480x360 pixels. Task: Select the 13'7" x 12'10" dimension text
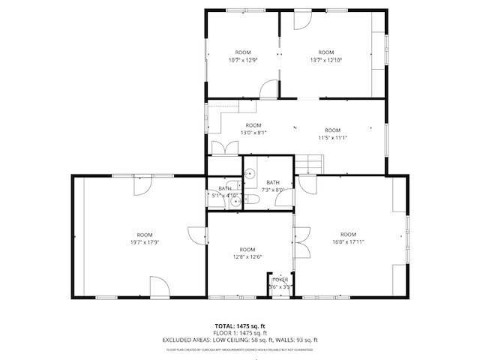(x=326, y=60)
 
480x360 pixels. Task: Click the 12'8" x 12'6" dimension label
(x=247, y=257)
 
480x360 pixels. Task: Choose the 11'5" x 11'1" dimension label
(x=332, y=137)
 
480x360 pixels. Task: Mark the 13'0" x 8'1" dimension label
(x=253, y=133)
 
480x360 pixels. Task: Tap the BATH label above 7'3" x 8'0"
(x=272, y=182)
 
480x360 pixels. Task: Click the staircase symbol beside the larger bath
(x=308, y=163)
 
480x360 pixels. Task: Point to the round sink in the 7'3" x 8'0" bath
(x=250, y=172)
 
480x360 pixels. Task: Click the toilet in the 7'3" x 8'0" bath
(x=253, y=199)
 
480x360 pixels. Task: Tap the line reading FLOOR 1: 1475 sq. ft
(x=240, y=332)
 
